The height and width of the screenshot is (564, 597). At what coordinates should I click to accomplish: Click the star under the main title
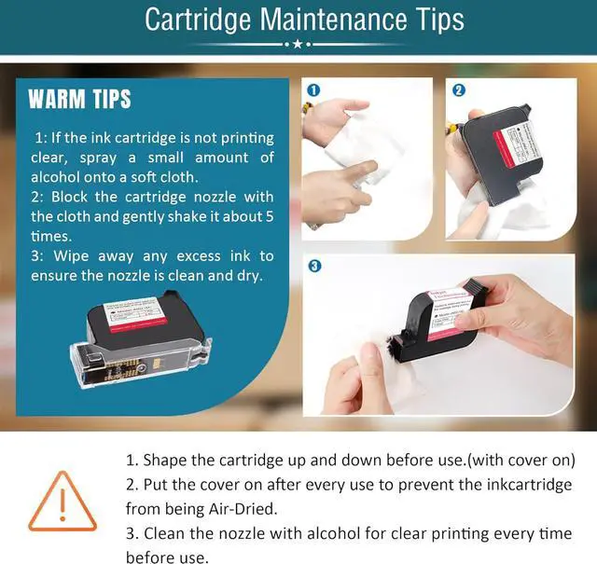coord(298,44)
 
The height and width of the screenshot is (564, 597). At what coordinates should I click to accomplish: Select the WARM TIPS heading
coord(79,100)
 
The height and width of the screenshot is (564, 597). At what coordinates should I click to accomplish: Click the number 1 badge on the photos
coord(313,90)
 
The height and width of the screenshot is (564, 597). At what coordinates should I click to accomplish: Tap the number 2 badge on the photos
coord(459,90)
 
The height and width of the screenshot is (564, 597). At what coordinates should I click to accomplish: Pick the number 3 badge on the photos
coord(314,266)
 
